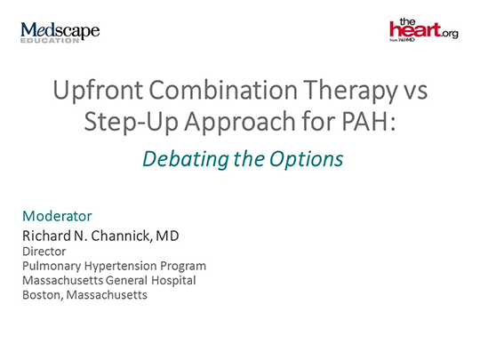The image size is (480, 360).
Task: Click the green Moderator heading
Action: (x=56, y=216)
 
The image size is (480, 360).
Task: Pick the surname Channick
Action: (x=121, y=235)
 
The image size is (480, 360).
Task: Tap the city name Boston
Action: (x=40, y=294)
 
